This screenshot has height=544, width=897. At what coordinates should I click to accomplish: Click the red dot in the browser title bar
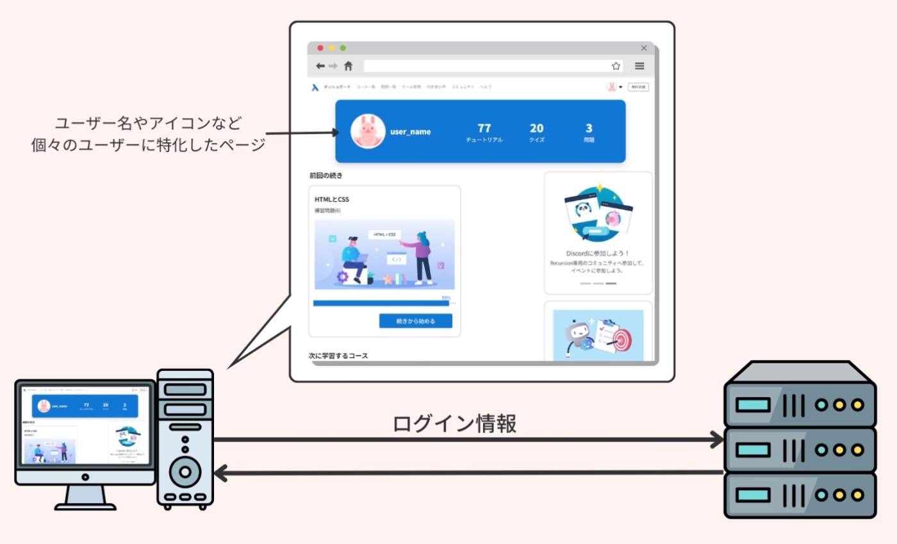point(320,48)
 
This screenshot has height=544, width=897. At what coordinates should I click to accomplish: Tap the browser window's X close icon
point(644,48)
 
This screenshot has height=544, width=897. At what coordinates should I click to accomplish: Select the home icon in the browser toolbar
point(349,66)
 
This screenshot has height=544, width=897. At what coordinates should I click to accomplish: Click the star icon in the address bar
point(616,66)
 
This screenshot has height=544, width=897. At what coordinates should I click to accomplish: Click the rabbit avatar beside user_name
point(368,131)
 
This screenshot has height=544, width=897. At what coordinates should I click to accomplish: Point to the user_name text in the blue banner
point(411,132)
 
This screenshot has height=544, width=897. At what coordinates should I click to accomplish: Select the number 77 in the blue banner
point(484,128)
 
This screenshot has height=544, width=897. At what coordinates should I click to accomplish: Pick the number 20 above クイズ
point(536,128)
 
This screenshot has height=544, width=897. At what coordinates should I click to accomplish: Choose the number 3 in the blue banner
point(589,128)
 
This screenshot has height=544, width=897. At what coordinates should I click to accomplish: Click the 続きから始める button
point(415,321)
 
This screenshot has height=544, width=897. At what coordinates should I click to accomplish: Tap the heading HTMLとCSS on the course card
point(332,199)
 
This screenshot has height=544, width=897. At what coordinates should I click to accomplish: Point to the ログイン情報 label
point(454,424)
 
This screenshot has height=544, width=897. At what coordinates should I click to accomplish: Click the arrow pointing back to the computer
point(468,474)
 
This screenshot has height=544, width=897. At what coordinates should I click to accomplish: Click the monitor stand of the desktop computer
point(85,497)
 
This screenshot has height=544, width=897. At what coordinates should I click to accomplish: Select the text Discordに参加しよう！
point(598,253)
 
